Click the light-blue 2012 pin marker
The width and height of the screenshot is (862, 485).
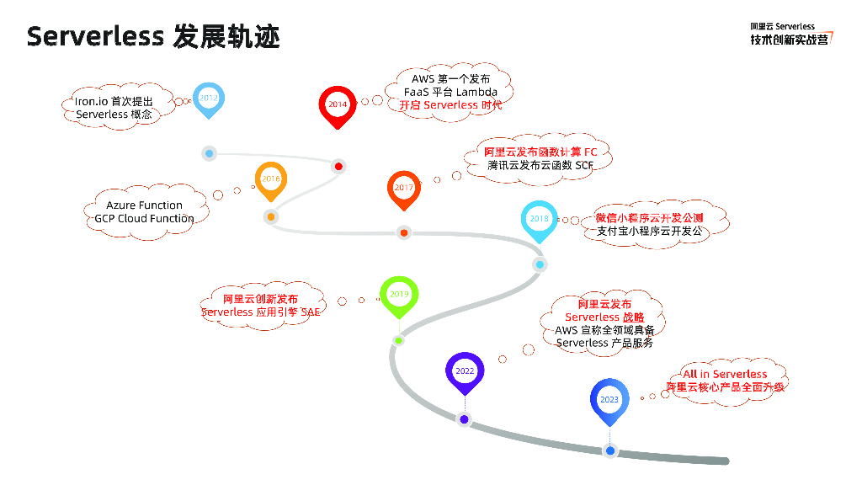click(209, 99)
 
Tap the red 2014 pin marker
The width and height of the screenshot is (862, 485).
click(338, 105)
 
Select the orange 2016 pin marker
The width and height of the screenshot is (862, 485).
click(270, 179)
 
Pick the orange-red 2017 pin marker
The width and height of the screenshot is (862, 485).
click(404, 188)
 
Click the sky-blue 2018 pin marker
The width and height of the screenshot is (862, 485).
click(540, 219)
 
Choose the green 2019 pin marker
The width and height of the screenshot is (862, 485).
click(399, 295)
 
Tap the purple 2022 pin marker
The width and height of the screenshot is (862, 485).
click(465, 371)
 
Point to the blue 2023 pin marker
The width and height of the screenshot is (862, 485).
click(609, 400)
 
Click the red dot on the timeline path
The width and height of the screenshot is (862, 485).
click(338, 166)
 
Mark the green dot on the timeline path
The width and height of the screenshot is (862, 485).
click(398, 340)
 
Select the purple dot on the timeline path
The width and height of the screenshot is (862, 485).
click(464, 419)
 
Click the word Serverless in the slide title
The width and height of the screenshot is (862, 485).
click(95, 37)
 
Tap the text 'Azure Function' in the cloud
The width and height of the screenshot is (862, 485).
click(144, 205)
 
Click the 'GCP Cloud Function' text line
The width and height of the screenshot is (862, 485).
click(144, 219)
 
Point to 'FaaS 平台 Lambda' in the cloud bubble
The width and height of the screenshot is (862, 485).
click(450, 92)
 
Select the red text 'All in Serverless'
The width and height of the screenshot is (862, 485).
click(725, 374)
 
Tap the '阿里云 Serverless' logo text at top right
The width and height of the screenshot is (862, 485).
click(783, 27)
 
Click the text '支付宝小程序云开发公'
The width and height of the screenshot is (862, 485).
click(649, 232)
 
